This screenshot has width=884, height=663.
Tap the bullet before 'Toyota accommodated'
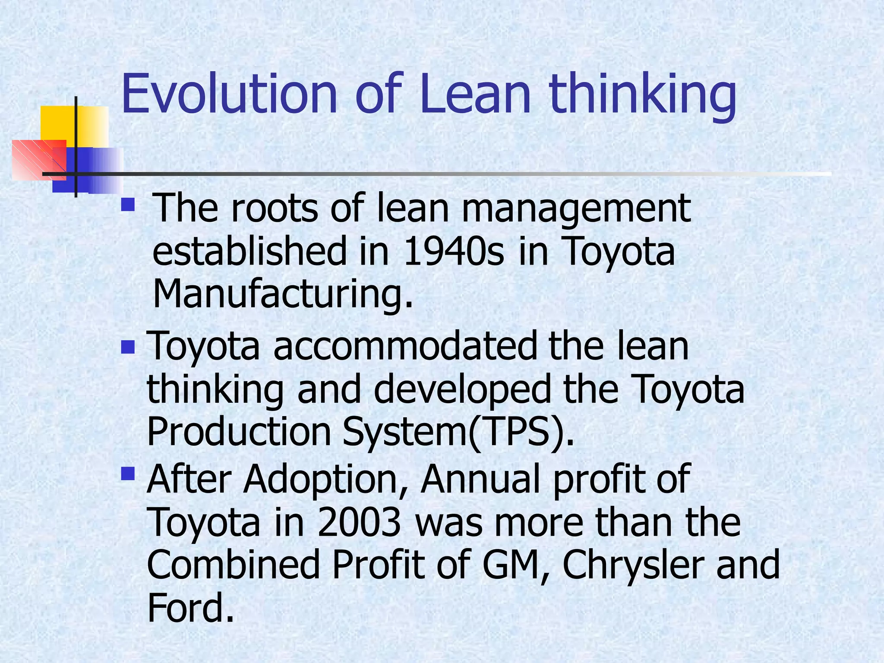coord(128,347)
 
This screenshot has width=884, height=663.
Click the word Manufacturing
coord(283,294)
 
